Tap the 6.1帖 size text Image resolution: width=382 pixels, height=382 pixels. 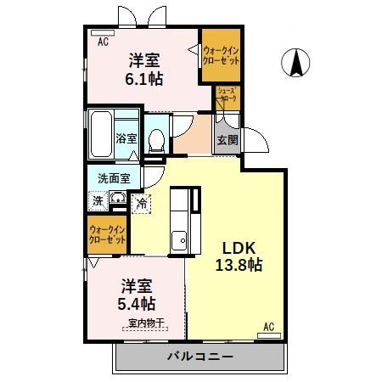pyautogui.click(x=144, y=78)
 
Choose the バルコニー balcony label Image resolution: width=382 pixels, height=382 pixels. pyautogui.click(x=199, y=356)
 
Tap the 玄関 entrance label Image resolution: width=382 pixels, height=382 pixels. pyautogui.click(x=225, y=140)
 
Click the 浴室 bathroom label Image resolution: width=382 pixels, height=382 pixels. pyautogui.click(x=126, y=138)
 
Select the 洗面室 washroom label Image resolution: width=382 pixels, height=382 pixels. pyautogui.click(x=112, y=178)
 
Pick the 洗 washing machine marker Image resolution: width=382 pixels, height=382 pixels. pyautogui.click(x=98, y=202)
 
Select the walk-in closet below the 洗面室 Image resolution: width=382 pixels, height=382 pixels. pyautogui.click(x=107, y=235)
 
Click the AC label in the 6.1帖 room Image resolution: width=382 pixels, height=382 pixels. pyautogui.click(x=103, y=41)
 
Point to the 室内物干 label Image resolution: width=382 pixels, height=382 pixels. pyautogui.click(x=146, y=323)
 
